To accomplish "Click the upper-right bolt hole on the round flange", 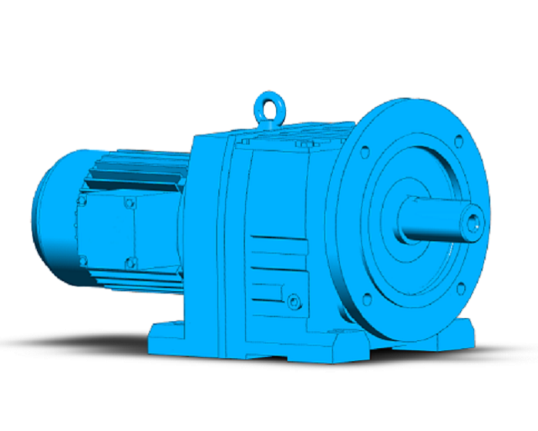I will click(459, 141).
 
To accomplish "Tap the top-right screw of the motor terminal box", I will click(129, 204).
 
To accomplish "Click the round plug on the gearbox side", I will click(293, 302).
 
